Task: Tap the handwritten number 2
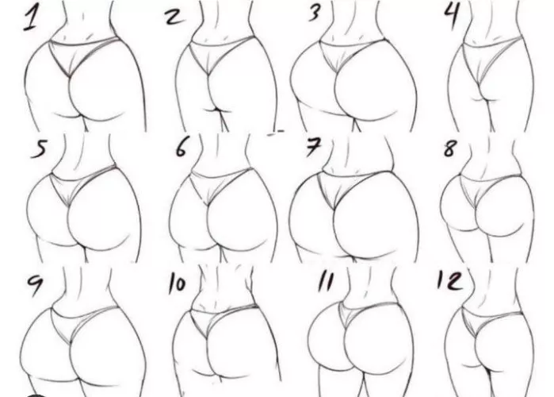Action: click(x=173, y=17)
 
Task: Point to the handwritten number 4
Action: click(x=454, y=15)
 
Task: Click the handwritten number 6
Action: click(x=183, y=148)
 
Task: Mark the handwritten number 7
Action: click(x=313, y=148)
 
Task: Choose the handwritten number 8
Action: click(x=450, y=147)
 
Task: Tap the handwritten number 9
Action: click(x=35, y=284)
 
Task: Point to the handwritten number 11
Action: click(x=325, y=281)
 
